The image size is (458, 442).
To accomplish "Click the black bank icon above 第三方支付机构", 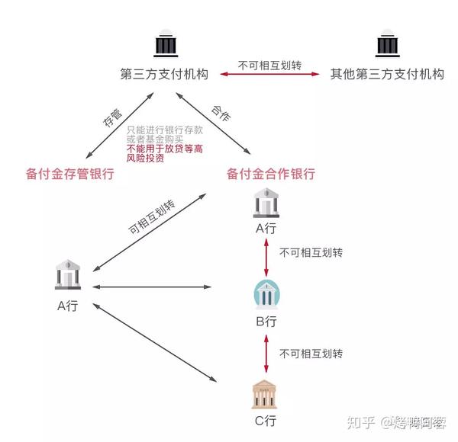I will (x=165, y=45).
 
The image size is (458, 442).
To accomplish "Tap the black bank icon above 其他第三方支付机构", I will (x=386, y=45).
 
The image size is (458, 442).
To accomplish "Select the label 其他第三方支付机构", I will (x=386, y=75).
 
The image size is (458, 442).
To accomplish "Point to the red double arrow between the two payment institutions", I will (x=270, y=75).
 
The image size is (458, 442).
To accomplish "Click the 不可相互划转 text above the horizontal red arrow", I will (x=269, y=64).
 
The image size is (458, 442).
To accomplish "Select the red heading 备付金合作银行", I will (x=271, y=174).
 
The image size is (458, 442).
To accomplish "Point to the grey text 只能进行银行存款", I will (x=164, y=131).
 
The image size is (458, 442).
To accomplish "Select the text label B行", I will (x=266, y=322).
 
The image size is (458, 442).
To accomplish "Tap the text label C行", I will (x=266, y=421).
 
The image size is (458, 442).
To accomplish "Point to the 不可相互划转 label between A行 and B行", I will (x=311, y=252).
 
